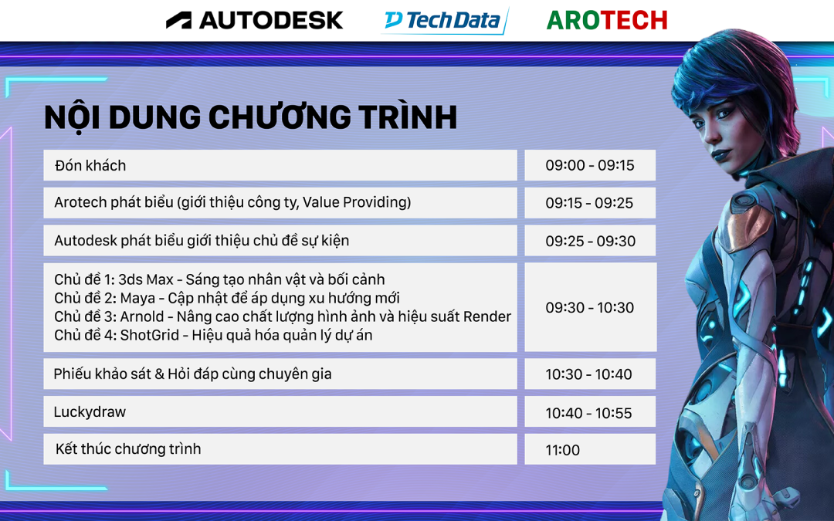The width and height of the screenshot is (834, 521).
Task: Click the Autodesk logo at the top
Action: point(254,20)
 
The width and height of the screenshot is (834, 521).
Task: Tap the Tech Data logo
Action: point(445,21)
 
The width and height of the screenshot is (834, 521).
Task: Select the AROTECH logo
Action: point(607,21)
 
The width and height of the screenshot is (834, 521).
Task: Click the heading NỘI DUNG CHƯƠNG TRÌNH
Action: point(250,117)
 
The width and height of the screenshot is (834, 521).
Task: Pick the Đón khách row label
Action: point(90,166)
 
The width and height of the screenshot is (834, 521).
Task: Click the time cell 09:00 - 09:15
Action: point(590,165)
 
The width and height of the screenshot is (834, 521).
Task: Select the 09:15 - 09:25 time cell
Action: point(590,203)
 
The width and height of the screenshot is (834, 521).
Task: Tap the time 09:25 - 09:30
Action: point(590,241)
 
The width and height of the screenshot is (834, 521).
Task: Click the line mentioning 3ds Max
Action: point(219,279)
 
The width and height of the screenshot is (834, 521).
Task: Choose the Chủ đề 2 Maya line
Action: point(226,298)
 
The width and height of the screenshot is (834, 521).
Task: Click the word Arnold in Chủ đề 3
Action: point(142,317)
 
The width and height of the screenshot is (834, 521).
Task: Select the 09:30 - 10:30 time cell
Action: point(591,307)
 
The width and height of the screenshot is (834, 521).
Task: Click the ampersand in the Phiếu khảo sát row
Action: point(160,374)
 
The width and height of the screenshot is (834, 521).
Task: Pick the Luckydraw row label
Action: point(90,412)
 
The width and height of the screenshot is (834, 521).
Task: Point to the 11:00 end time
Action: point(562,450)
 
